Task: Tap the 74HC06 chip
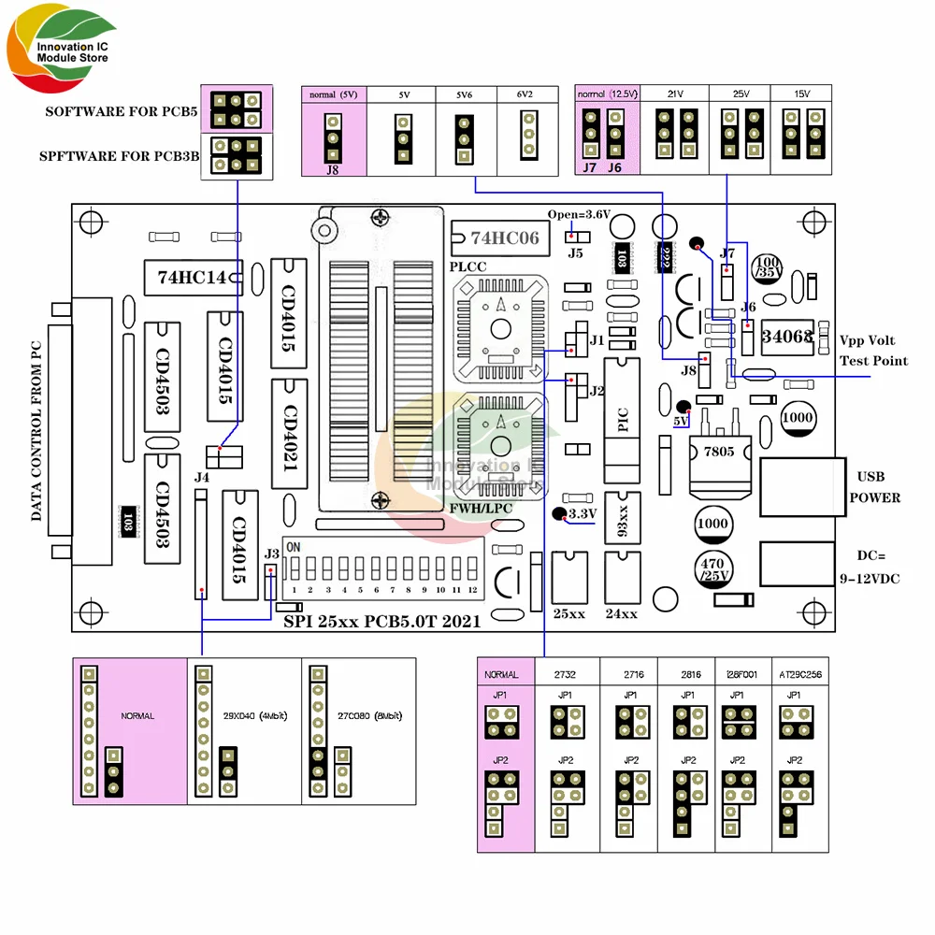[496, 237]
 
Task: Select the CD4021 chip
[289, 434]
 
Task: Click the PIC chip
[624, 420]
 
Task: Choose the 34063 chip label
[786, 337]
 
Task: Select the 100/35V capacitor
[769, 266]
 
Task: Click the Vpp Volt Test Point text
[873, 351]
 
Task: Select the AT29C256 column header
[800, 673]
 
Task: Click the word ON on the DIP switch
[293, 546]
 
